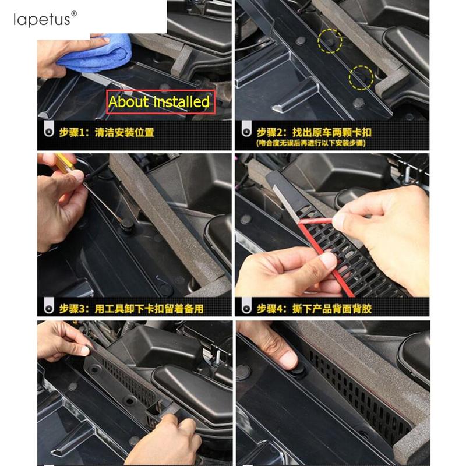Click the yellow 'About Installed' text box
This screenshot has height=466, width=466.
[158, 103]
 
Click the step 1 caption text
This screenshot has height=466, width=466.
[108, 132]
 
